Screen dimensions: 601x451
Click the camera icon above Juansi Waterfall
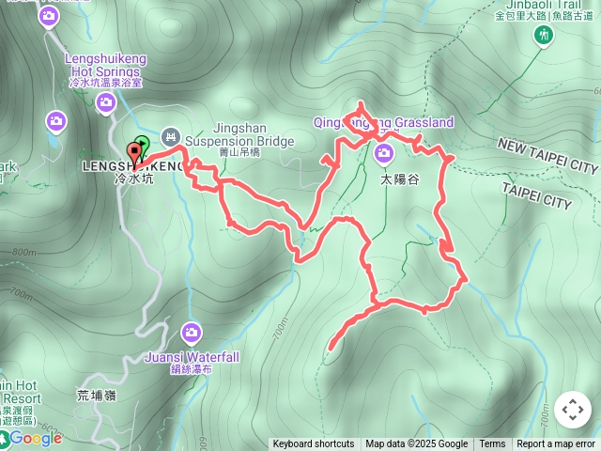tap(192, 332)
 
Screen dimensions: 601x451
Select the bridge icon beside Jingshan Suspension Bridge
tap(170, 135)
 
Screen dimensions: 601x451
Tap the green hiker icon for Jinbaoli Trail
tap(542, 36)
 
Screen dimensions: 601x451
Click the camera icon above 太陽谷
tap(383, 153)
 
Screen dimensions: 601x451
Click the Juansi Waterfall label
tap(192, 357)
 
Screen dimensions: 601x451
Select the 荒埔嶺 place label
tap(96, 396)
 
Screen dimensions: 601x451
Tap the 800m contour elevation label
tap(25, 252)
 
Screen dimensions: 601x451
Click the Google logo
tap(36, 438)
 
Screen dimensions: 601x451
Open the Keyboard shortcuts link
tap(314, 444)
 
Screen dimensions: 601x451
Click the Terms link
tap(492, 444)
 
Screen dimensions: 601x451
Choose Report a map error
tap(556, 444)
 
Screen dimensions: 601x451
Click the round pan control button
tap(572, 410)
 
